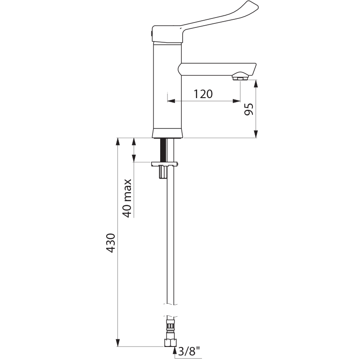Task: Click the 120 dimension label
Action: (x=203, y=94)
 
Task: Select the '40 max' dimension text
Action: (x=127, y=198)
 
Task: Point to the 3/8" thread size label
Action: (x=190, y=351)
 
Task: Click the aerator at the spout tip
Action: (x=240, y=78)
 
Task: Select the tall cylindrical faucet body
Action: (x=167, y=85)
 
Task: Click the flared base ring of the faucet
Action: (x=167, y=133)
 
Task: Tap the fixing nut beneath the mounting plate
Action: (x=162, y=172)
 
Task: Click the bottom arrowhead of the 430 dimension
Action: (x=118, y=342)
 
